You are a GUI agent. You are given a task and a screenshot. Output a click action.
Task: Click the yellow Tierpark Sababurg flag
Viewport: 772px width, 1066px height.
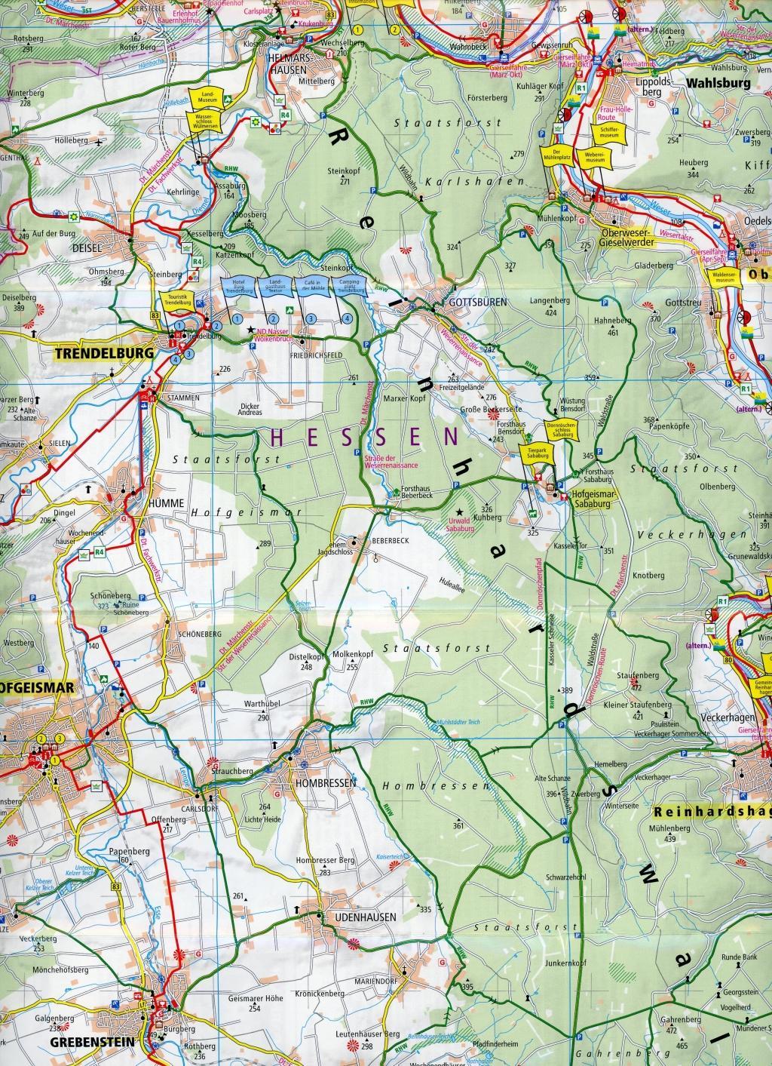point(537,454)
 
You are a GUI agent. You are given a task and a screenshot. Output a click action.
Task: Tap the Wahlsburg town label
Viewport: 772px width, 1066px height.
point(718,84)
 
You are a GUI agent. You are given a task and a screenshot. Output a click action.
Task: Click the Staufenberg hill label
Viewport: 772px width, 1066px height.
point(633,675)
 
